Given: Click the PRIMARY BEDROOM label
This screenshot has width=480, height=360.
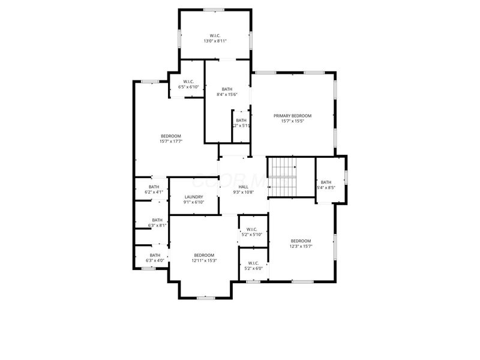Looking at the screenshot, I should tap(293, 116).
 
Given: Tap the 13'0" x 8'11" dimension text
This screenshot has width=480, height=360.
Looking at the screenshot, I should tap(215, 41).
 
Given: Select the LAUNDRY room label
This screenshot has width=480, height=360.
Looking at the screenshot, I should tap(194, 197).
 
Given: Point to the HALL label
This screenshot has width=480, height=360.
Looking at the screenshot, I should tap(243, 187).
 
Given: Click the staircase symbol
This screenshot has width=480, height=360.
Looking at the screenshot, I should tap(282, 177).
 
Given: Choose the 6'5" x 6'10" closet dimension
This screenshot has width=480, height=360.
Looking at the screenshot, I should tap(188, 87).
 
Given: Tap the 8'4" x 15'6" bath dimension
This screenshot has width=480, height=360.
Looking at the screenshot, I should tap(227, 94).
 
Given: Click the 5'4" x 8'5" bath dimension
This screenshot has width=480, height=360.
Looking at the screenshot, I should tap(326, 188).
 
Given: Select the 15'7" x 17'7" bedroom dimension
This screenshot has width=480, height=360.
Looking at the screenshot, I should tap(171, 142).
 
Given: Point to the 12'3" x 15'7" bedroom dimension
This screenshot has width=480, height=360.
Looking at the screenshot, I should tap(301, 246).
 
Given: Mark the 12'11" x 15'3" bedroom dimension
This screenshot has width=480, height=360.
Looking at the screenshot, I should tap(204, 260).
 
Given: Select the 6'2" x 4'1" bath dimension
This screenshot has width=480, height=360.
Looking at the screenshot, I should tap(154, 192).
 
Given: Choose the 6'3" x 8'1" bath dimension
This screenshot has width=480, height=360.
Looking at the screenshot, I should tap(157, 226).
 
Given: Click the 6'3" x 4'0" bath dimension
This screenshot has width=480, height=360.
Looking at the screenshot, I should tap(155, 260).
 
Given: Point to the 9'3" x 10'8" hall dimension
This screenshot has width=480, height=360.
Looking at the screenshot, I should tap(243, 192).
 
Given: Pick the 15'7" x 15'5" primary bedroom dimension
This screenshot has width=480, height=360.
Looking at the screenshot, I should tap(293, 121).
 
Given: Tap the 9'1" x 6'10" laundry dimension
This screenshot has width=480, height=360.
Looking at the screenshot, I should tap(194, 202).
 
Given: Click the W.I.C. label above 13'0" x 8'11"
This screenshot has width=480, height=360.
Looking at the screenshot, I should tap(215, 35).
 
